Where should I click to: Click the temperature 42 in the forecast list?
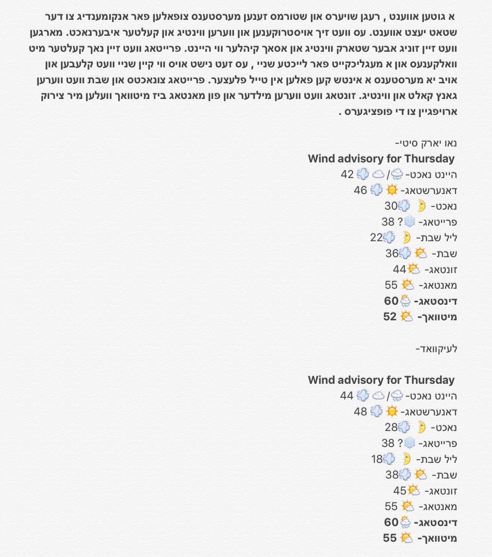point(347,174)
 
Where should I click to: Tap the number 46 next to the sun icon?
point(360,190)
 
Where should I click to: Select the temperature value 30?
point(391,206)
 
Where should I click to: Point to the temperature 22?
point(376,238)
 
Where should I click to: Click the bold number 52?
point(390,317)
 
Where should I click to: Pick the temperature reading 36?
point(392,254)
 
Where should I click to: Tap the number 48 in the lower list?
point(360,412)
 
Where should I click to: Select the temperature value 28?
point(391,427)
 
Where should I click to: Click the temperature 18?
point(377,459)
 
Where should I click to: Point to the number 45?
point(399,491)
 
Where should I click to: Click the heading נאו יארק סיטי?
point(426,143)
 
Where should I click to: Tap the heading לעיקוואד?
point(437,349)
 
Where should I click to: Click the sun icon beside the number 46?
point(392,190)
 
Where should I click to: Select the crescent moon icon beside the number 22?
point(406,237)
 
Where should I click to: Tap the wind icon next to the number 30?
point(404,206)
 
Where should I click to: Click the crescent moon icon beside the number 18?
point(406,459)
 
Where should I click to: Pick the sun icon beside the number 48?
point(392,411)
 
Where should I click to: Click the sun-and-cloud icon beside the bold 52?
point(406,316)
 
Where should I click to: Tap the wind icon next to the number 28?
point(404,427)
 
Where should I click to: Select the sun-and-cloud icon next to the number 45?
point(414,490)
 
